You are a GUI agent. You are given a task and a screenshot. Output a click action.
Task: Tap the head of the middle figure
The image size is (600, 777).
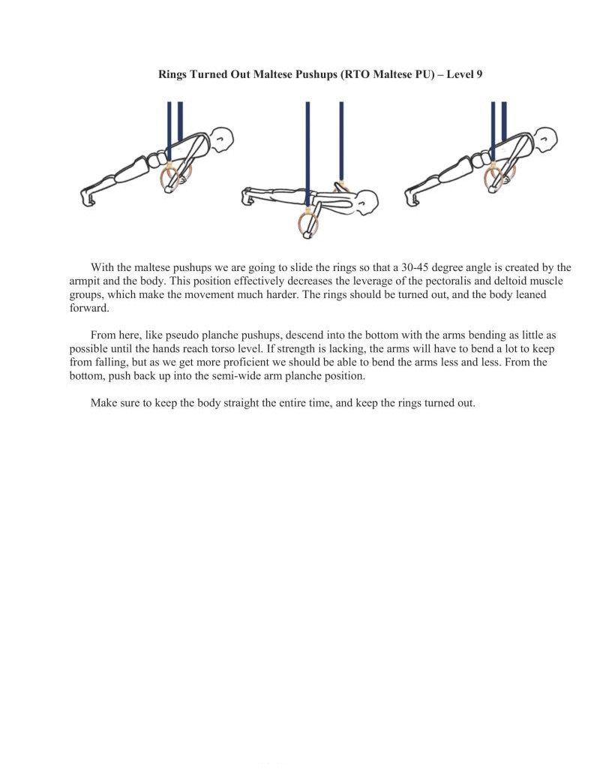click(x=367, y=201)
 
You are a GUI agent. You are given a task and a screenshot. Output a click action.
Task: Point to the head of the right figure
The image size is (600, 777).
click(x=546, y=139)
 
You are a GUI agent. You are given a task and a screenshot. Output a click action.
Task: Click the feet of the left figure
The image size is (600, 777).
click(x=88, y=197)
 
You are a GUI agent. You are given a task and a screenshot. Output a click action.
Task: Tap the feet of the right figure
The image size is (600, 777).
click(x=412, y=197)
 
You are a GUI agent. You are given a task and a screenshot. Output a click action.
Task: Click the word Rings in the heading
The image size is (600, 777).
click(x=172, y=75)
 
